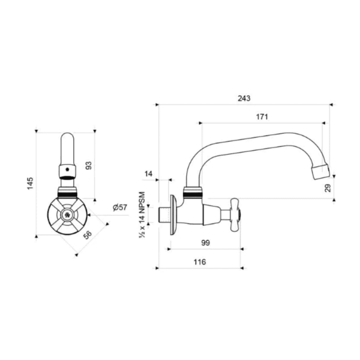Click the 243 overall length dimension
pos(244,98)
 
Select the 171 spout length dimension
pos(262,117)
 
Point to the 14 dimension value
pos(149,173)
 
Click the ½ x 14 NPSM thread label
pos(142,215)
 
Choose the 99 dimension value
pos(205,243)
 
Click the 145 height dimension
pos(30,184)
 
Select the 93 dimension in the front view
pos(89,166)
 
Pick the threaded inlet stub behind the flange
pos(164,214)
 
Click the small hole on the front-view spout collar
pos(67,171)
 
